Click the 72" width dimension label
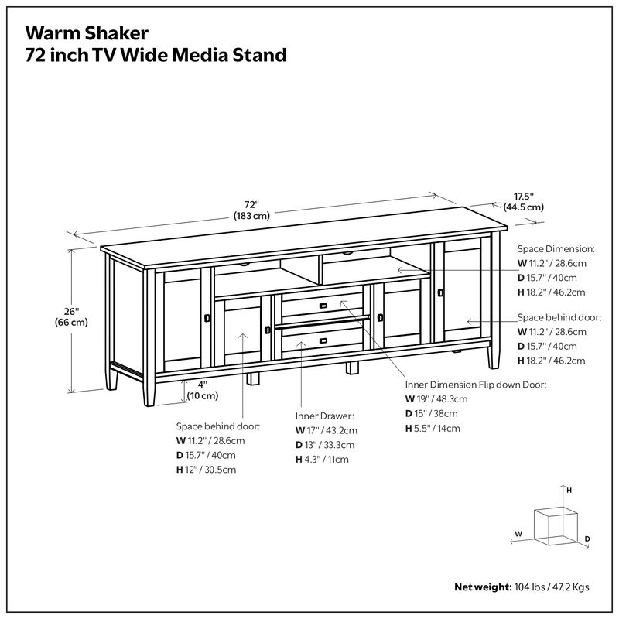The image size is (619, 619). pos(251,210)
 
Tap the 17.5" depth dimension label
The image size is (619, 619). pos(524,202)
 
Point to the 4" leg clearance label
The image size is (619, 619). pos(203,389)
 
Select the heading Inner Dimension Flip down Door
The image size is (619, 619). pos(476,385)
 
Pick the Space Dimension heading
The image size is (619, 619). pos(556,250)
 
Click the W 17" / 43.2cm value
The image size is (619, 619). pos(326,430)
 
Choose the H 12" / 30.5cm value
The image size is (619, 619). pos(206,470)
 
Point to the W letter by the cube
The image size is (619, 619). pos(518,534)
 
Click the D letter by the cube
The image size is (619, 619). pos(587,539)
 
